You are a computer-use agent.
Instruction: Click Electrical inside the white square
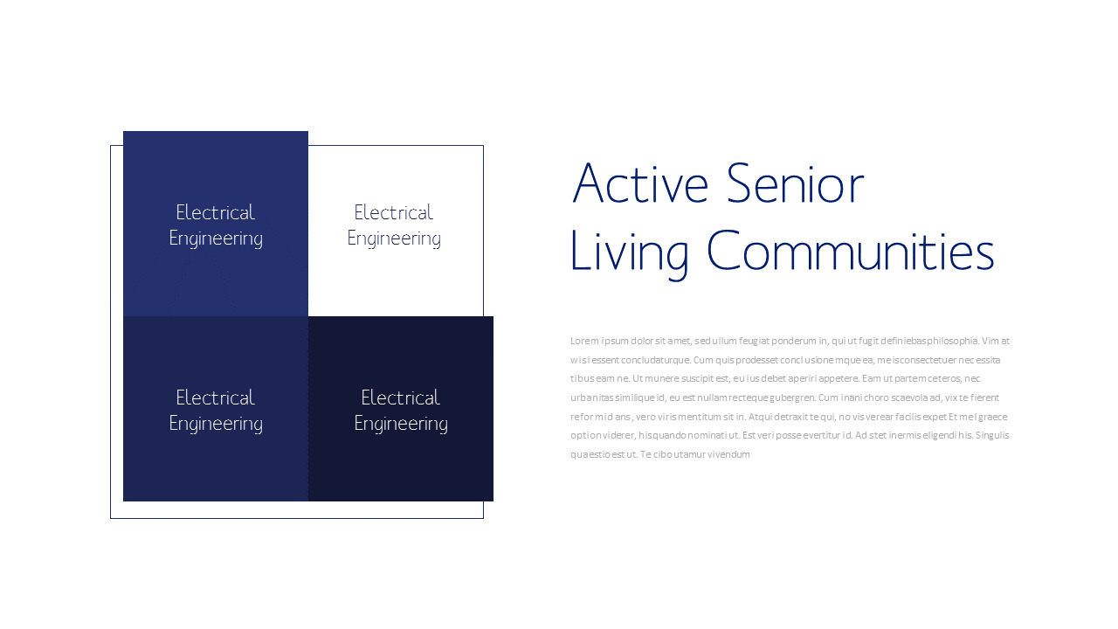[x=393, y=212]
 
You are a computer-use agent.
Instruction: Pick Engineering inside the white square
[x=394, y=238]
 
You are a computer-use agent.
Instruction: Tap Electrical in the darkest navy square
[x=400, y=397]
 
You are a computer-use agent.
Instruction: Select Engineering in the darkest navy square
[x=401, y=424]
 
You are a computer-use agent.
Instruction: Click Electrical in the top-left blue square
[x=215, y=212]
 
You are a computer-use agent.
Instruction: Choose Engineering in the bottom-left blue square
[x=216, y=424]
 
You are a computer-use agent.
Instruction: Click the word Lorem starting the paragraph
[x=584, y=341]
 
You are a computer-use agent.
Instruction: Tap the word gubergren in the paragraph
[x=790, y=397]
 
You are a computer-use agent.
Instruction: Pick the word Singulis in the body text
[x=992, y=435]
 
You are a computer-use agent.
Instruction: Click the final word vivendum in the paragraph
[x=728, y=454]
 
